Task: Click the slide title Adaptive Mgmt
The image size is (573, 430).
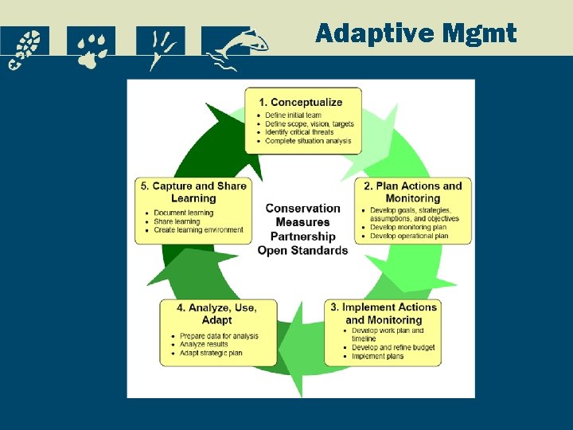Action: tap(415, 33)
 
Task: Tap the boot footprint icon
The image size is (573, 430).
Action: tap(25, 48)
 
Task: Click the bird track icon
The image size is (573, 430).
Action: tap(160, 48)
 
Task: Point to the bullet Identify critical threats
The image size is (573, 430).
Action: tap(299, 132)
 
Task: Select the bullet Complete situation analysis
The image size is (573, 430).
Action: tap(306, 141)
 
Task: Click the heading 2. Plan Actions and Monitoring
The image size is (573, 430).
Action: tap(413, 192)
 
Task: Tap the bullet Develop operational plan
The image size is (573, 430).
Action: tap(409, 236)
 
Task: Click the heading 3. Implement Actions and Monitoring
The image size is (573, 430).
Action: tap(384, 313)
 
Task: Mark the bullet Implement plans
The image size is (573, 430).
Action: tap(377, 357)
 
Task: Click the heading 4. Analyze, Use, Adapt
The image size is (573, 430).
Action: tap(217, 313)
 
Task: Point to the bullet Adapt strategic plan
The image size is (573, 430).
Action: tap(211, 353)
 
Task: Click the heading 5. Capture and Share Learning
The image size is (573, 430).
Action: tap(193, 192)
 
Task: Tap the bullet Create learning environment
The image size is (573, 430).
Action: tap(198, 230)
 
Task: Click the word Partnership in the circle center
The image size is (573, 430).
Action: tap(302, 236)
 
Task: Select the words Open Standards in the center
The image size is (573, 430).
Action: tap(302, 250)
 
